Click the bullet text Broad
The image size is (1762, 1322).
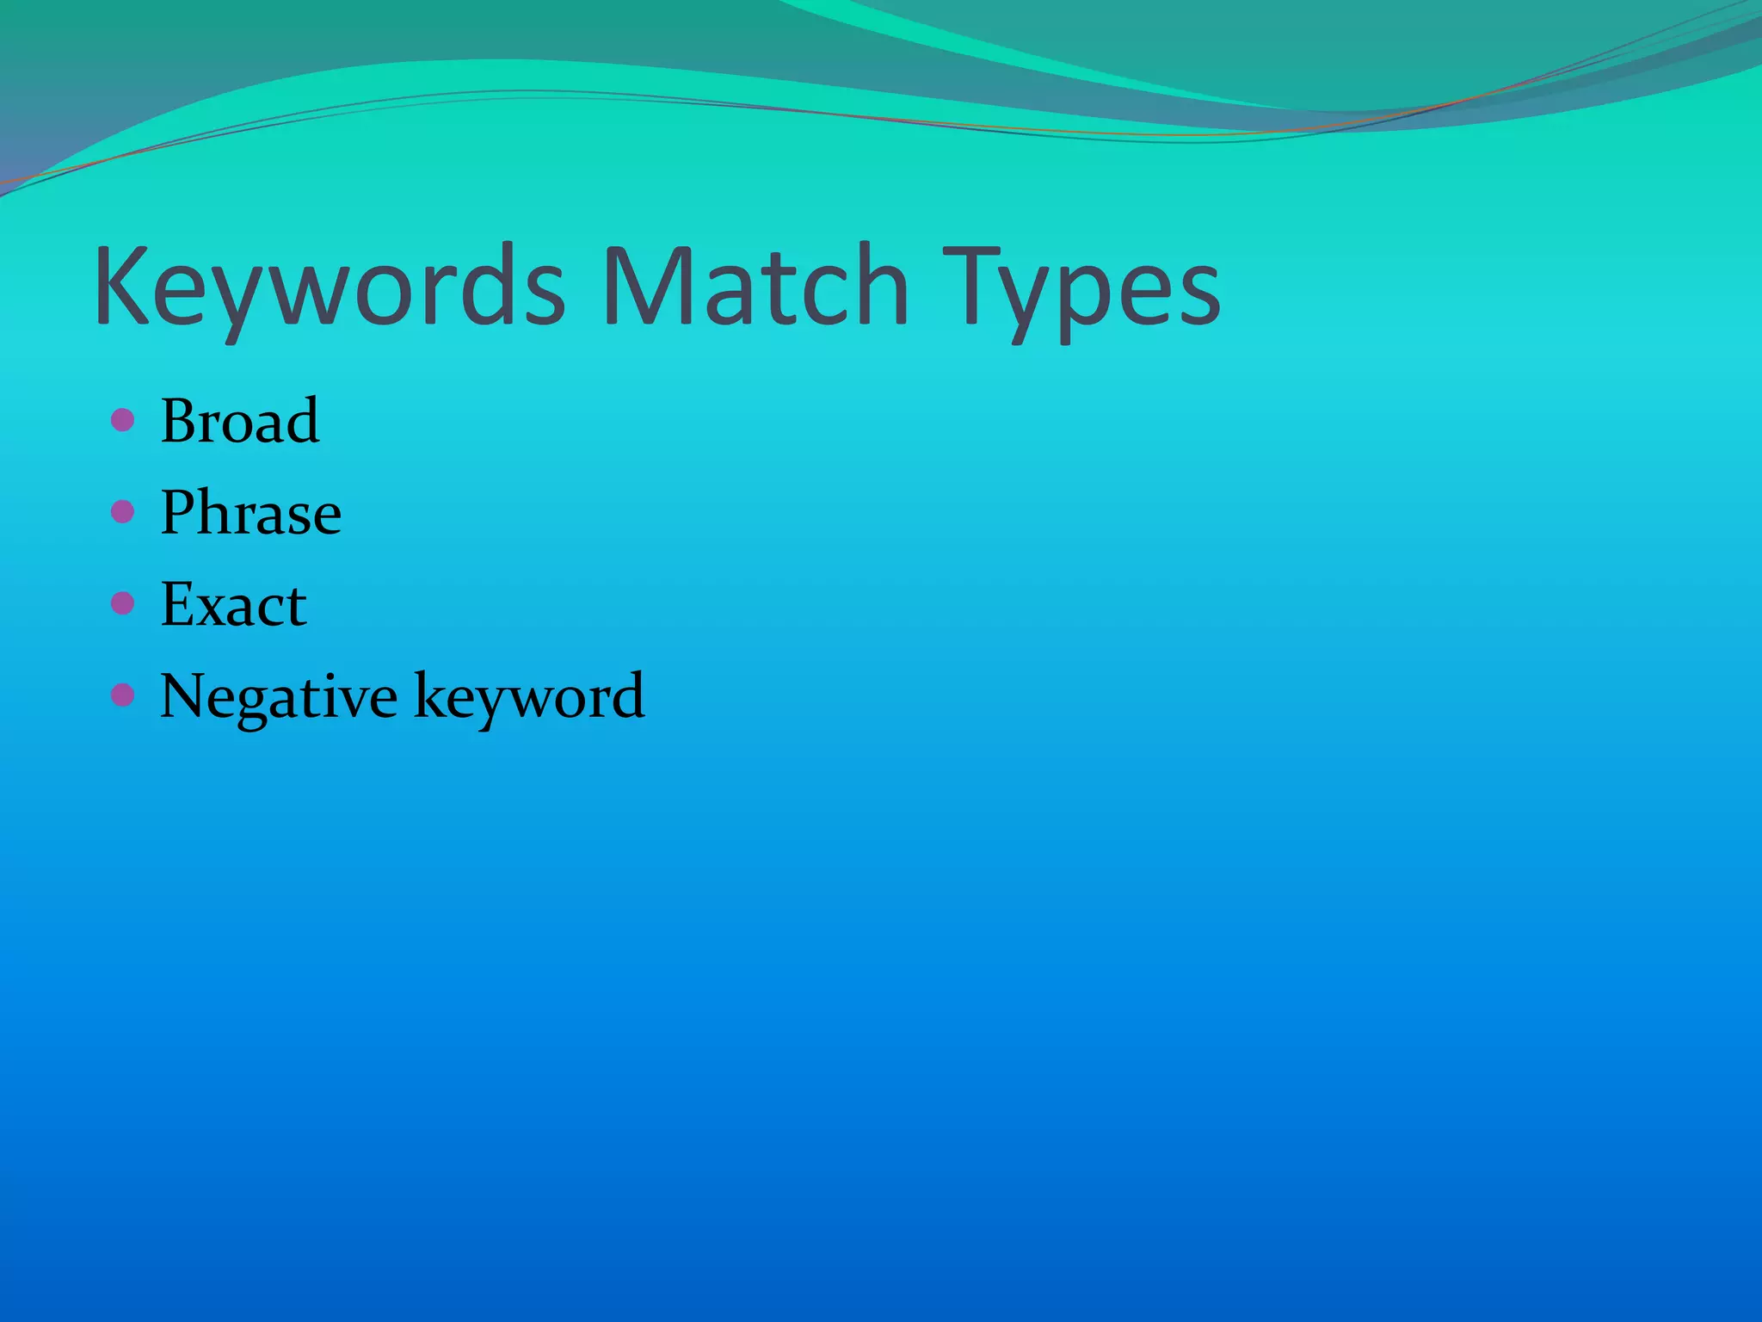(240, 421)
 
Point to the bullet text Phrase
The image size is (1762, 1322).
(251, 513)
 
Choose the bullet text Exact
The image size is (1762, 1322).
(233, 604)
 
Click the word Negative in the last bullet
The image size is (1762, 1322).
(279, 696)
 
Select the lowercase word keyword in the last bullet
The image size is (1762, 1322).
(529, 696)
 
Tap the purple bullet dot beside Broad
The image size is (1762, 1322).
(123, 420)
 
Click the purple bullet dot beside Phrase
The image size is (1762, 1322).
(123, 512)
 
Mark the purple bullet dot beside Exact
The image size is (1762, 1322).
(123, 603)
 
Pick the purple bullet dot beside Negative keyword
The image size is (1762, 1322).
(123, 695)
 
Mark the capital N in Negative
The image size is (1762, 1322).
(184, 695)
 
